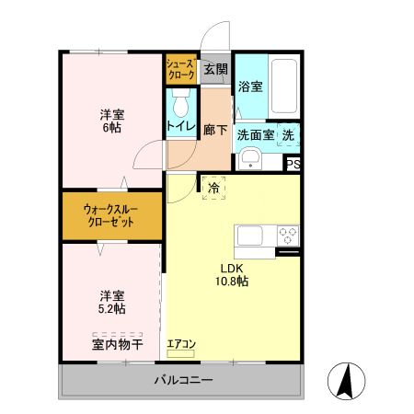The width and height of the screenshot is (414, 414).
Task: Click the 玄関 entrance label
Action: (215, 69)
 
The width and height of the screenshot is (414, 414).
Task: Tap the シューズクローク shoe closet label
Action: (178, 70)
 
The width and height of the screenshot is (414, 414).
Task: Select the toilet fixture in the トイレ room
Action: (179, 98)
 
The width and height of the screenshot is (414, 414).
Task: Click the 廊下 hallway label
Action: (215, 130)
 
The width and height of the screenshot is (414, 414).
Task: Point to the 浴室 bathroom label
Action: (250, 87)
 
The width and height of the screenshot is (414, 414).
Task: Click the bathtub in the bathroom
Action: (283, 86)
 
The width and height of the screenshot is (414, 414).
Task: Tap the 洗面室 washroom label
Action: (256, 133)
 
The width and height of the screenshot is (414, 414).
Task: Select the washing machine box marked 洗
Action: (290, 134)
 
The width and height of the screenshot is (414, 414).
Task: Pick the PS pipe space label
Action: (293, 165)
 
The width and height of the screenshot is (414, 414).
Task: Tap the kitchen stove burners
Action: (288, 233)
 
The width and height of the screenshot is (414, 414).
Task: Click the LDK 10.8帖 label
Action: (234, 275)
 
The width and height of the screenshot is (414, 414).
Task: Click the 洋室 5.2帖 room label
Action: (112, 303)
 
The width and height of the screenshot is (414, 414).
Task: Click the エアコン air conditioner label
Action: (181, 344)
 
